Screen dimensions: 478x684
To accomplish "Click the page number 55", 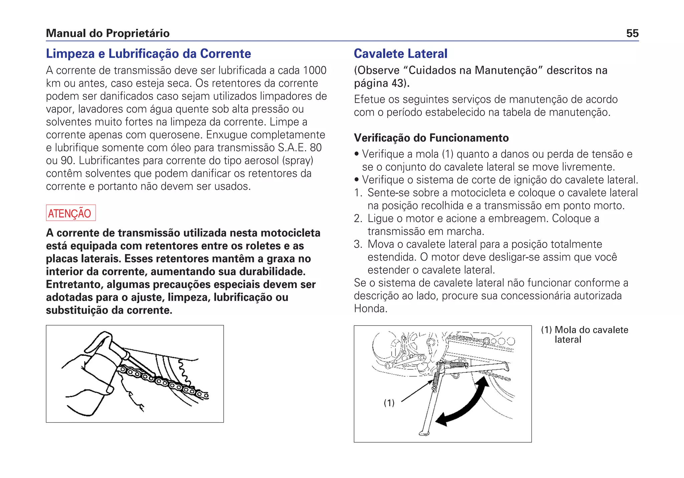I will pyautogui.click(x=632, y=33).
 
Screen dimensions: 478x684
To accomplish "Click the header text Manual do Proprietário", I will pyautogui.click(x=108, y=33).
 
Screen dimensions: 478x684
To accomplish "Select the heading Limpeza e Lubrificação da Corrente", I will pyautogui.click(x=148, y=54).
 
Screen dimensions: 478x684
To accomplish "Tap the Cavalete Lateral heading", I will pyautogui.click(x=400, y=54).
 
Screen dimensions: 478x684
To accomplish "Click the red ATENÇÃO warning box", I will pyautogui.click(x=71, y=213).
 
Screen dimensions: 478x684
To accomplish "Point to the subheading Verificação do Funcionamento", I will pyautogui.click(x=431, y=138).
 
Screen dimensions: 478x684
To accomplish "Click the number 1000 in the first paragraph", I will pyautogui.click(x=314, y=70).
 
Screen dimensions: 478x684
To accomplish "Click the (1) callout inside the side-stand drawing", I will pyautogui.click(x=389, y=403).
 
